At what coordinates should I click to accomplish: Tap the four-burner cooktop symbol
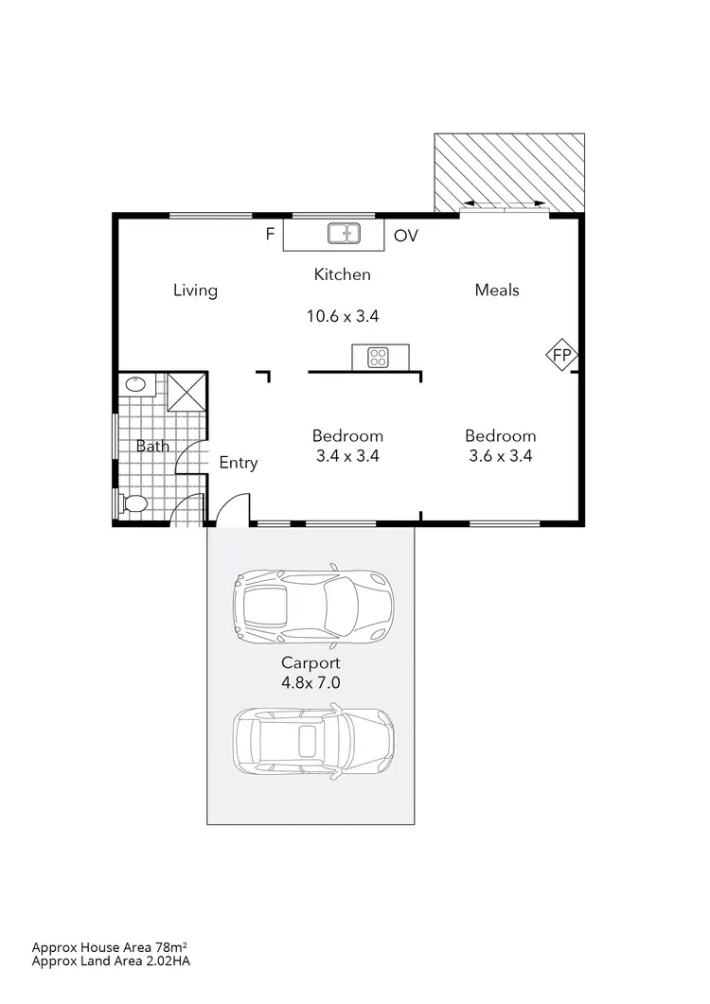pos(379,357)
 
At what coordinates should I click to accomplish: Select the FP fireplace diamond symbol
pos(561,355)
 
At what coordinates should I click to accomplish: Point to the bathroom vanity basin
pos(135,384)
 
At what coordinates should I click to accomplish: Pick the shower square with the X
pos(186,392)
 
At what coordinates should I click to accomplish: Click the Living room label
pos(195,291)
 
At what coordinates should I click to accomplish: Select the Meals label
pos(497,291)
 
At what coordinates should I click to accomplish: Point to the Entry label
pos(239,463)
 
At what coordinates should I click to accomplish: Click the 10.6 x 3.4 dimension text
pos(343,317)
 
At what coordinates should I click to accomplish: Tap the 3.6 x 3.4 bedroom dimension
pos(501,456)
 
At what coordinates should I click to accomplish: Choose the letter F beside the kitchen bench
pos(270,234)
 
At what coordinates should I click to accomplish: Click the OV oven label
pos(405,236)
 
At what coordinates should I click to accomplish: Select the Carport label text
pos(310,662)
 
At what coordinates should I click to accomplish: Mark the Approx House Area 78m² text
pos(116,946)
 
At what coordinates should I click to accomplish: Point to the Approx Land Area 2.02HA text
pos(116,960)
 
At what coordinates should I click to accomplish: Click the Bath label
pos(152,445)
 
